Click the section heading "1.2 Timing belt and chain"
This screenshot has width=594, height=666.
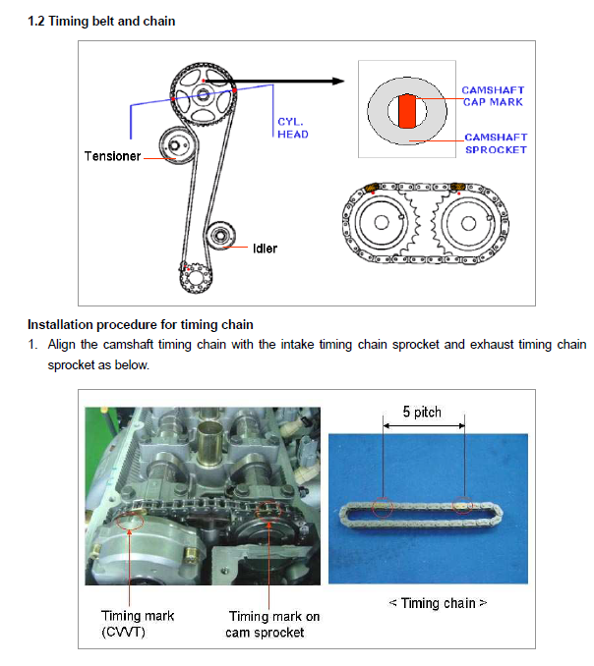101,22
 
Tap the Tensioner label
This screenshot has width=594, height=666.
112,156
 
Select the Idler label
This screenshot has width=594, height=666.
265,248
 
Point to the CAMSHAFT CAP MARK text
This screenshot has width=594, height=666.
493,96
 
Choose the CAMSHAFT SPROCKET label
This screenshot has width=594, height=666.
496,143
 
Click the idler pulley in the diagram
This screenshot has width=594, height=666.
219,237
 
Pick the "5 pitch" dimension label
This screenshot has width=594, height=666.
423,412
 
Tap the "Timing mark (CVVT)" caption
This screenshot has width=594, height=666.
138,623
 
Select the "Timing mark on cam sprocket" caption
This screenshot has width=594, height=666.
274,624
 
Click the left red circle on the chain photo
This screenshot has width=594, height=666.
383,508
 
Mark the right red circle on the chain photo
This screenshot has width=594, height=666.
463,507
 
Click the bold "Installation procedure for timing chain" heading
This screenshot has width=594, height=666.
141,324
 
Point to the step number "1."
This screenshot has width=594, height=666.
32,345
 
